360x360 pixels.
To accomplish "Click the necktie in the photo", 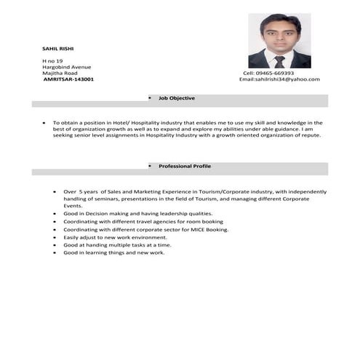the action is coord(279,61).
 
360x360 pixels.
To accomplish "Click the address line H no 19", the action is coord(53,60).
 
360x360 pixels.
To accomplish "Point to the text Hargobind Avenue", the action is coord(67,67).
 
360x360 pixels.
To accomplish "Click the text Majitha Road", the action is coord(60,73).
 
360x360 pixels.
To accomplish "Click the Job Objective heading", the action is coord(177,97).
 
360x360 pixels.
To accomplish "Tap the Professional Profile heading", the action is coord(185,166).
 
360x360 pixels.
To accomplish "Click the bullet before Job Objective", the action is coord(150,97).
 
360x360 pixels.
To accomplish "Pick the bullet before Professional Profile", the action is coord(150,166).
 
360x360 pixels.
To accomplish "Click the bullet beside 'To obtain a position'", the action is coord(45,124).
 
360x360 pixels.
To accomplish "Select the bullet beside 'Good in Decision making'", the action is coord(55,214).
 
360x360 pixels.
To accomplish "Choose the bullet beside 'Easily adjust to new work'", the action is coord(55,237).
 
